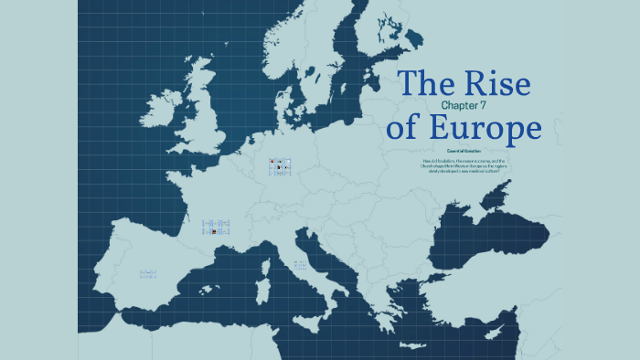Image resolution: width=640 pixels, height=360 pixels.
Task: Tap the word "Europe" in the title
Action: click(489, 128)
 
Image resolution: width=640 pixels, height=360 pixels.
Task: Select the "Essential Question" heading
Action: click(464, 151)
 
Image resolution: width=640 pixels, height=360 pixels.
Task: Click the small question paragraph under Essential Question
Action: click(464, 165)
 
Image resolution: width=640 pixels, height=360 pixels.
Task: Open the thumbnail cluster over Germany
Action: click(280, 167)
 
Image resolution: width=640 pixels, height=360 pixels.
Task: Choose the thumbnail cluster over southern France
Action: click(216, 228)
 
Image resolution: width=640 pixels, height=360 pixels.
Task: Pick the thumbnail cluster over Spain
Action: click(148, 273)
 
